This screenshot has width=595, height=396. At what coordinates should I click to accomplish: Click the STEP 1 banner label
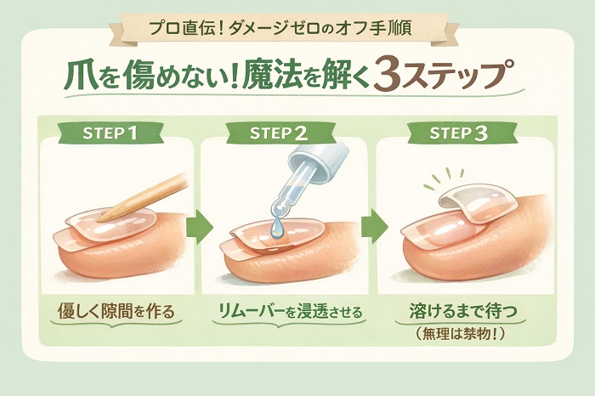click(110, 133)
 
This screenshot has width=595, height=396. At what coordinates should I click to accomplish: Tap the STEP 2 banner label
click(279, 133)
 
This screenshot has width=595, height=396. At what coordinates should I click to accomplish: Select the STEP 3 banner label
click(458, 133)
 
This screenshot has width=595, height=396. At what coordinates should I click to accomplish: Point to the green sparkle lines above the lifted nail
click(445, 178)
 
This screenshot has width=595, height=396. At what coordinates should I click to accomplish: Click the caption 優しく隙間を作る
click(116, 311)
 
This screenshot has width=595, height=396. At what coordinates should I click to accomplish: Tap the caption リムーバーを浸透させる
click(290, 312)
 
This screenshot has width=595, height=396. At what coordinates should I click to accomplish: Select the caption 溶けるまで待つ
click(463, 311)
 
